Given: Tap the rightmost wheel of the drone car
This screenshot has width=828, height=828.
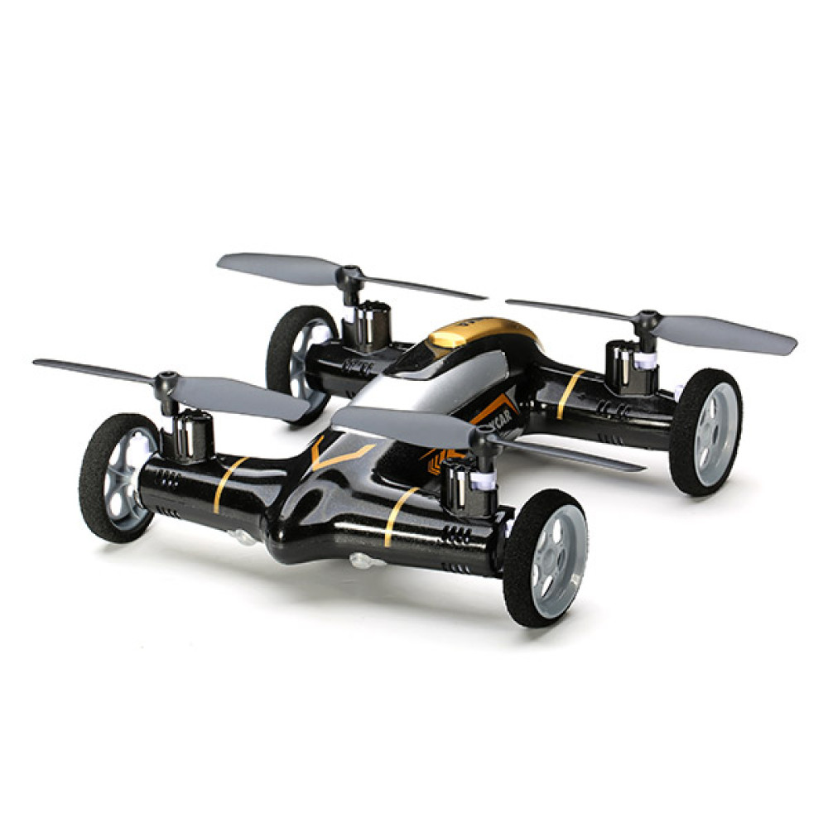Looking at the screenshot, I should click(706, 431).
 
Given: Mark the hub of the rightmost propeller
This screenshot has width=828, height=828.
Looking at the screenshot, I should click(647, 319).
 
